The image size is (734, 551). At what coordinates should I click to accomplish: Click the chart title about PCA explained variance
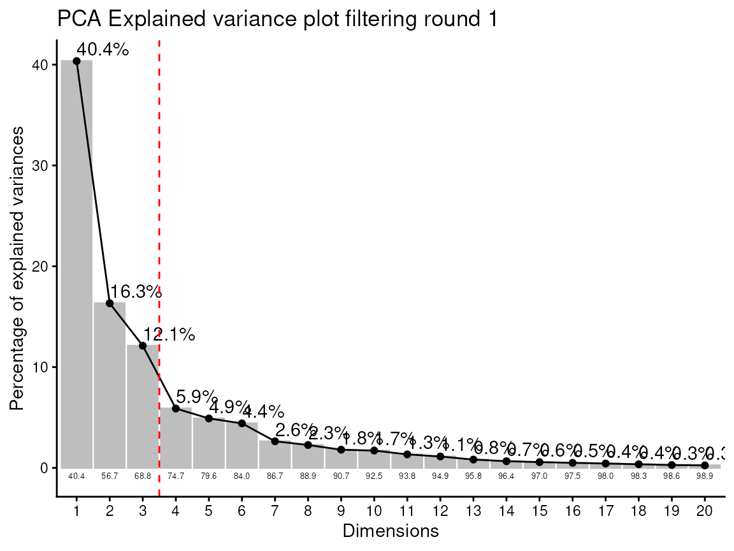pos(277,19)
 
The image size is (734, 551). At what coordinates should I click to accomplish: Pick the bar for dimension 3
pos(143,408)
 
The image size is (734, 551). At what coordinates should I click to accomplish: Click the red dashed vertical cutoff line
pos(159,191)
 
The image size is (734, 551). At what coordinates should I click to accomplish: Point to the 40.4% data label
pos(102,49)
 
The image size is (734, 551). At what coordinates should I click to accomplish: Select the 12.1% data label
pos(169,334)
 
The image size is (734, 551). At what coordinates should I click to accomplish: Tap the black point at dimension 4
pos(176,408)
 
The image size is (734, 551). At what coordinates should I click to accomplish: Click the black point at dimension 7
pos(275,441)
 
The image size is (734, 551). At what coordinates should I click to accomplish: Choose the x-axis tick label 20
pos(704,511)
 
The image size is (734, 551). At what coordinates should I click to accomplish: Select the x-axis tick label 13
pos(473,511)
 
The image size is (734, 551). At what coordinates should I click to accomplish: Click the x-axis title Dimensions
pos(391,531)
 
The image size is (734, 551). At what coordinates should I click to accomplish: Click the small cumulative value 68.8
pos(143,476)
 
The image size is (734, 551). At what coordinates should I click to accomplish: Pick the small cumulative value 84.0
pos(241,476)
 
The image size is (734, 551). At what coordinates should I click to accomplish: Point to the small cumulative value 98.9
pos(704,476)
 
